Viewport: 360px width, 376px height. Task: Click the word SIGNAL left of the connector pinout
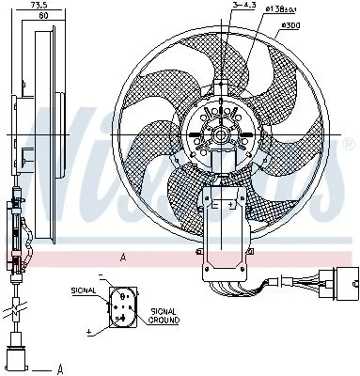(x=83, y=292)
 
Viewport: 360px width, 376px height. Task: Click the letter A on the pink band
(x=122, y=257)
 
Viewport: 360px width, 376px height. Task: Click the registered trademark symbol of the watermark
(x=349, y=143)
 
